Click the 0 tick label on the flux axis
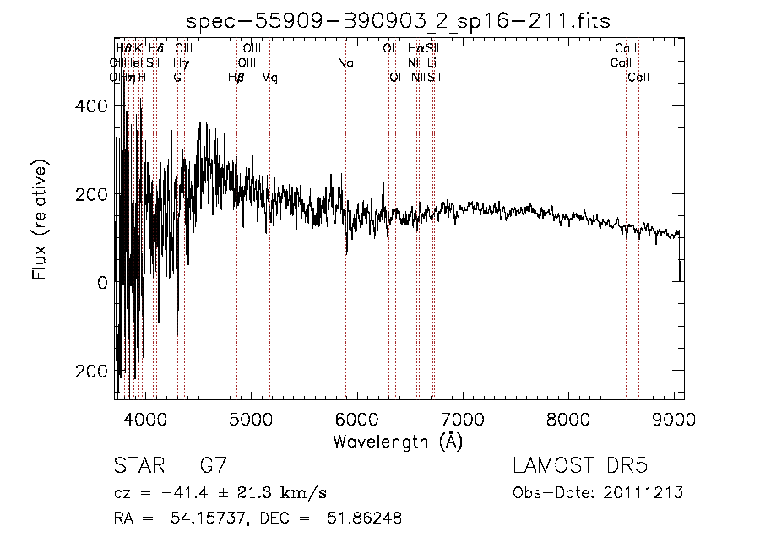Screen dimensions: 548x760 (x=102, y=283)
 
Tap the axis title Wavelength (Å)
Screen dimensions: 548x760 (x=398, y=441)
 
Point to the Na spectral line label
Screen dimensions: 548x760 (x=345, y=63)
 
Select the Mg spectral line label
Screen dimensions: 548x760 (x=269, y=78)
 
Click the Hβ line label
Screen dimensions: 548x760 (x=236, y=78)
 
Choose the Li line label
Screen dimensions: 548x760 (x=432, y=63)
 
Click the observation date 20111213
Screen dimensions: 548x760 (x=650, y=493)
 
